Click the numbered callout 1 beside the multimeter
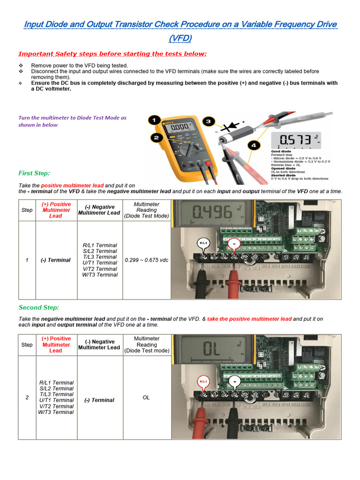[x=153, y=120]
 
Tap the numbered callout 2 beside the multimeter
[x=157, y=138]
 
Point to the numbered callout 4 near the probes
[x=253, y=146]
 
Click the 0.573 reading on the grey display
[x=295, y=140]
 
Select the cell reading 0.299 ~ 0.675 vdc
[x=147, y=260]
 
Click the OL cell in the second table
[x=146, y=397]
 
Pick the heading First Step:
[x=34, y=173]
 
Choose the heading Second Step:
[x=39, y=307]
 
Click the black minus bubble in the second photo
[x=234, y=382]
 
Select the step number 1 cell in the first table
[x=27, y=260]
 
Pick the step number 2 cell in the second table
[x=27, y=397]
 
